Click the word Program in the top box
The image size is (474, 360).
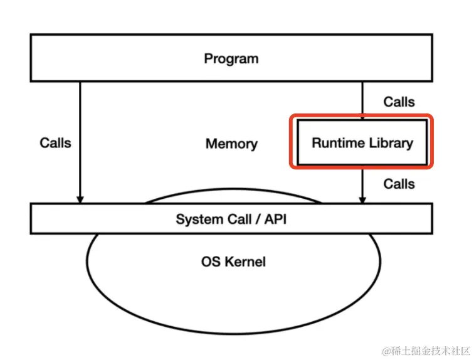[x=231, y=59]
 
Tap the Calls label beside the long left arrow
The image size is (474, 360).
[x=55, y=143]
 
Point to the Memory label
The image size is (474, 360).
[x=231, y=144]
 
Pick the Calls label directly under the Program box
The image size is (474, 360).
[x=399, y=102]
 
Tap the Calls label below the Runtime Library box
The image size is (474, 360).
[x=399, y=184]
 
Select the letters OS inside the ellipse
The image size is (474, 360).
[x=211, y=262]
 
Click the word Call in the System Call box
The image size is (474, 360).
[x=238, y=220]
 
